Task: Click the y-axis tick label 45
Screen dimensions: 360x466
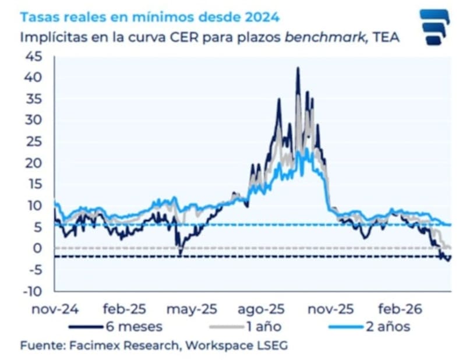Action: point(35,57)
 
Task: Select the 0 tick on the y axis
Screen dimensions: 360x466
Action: point(39,248)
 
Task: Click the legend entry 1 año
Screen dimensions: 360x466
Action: point(260,326)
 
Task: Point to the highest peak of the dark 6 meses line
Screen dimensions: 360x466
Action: point(298,68)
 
